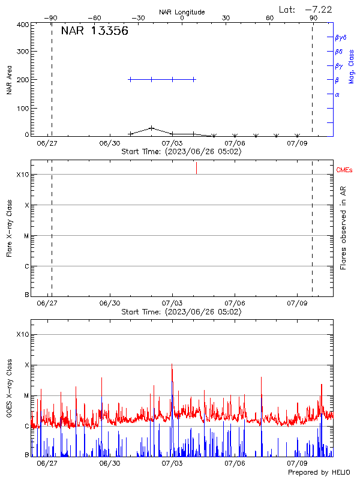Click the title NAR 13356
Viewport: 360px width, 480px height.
[94, 32]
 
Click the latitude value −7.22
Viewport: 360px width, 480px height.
[319, 9]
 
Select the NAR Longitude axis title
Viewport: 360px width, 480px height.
[182, 12]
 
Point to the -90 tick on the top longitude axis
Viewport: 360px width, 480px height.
[52, 19]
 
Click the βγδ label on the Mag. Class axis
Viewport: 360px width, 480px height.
[341, 37]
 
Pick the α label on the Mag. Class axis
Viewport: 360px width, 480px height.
[337, 94]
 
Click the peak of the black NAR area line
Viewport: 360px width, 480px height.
[152, 128]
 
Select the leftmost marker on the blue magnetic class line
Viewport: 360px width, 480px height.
[130, 79]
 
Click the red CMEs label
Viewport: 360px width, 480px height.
[344, 171]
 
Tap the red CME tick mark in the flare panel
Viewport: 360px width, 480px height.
[196, 168]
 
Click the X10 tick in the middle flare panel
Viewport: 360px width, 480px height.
[23, 175]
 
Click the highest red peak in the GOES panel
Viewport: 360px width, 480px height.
[172, 364]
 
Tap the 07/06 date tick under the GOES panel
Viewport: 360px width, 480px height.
[235, 463]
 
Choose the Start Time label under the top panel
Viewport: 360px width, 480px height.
[181, 152]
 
